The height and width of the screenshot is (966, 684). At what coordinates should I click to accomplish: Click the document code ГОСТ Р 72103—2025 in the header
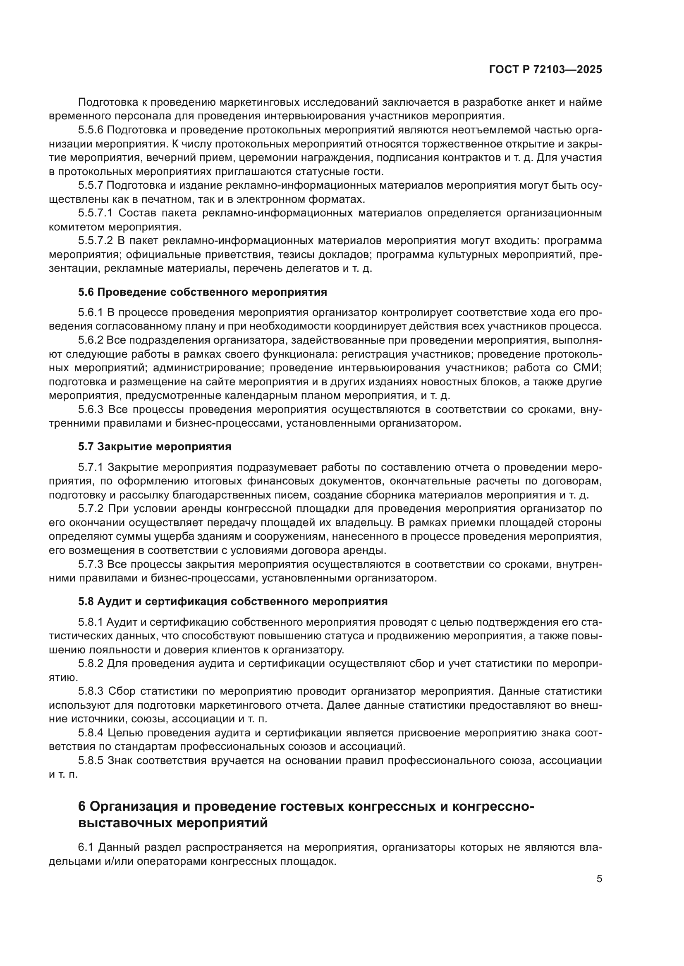point(545,70)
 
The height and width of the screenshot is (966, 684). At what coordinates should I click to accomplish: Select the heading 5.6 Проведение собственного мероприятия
point(202,292)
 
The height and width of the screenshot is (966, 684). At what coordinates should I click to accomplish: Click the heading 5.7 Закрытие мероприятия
point(155,446)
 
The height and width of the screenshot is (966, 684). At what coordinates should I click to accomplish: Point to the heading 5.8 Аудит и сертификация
point(232,601)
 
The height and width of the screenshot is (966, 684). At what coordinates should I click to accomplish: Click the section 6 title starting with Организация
point(306,807)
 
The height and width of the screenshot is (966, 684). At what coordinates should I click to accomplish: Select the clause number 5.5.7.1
point(95,213)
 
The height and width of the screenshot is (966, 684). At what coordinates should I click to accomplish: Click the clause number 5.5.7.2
point(95,241)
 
